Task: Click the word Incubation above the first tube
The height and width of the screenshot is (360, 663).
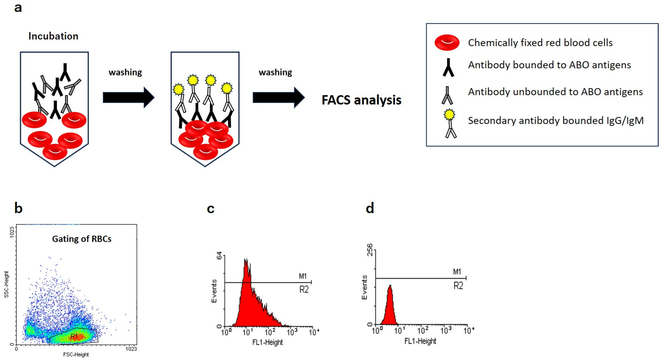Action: pyautogui.click(x=53, y=36)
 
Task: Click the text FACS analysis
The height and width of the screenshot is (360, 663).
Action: pyautogui.click(x=361, y=100)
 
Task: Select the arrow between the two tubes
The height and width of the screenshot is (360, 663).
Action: pyautogui.click(x=128, y=98)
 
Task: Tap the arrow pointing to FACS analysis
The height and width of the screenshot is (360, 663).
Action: pyautogui.click(x=278, y=98)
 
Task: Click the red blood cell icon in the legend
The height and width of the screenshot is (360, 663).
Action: pyautogui.click(x=447, y=42)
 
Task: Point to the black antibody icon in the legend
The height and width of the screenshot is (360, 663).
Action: pyautogui.click(x=448, y=68)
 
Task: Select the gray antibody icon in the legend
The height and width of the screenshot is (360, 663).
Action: pyautogui.click(x=447, y=96)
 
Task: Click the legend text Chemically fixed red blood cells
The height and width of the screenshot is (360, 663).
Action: pyautogui.click(x=540, y=43)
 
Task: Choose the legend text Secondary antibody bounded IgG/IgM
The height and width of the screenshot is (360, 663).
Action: pyautogui.click(x=556, y=120)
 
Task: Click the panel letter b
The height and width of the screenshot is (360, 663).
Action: pyautogui.click(x=18, y=208)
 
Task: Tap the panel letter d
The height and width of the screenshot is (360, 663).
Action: pyautogui.click(x=370, y=208)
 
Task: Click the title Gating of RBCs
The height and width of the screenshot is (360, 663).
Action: pyautogui.click(x=82, y=239)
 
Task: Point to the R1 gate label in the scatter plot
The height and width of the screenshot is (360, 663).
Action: pyautogui.click(x=74, y=336)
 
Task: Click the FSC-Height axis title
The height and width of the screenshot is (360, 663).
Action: pyautogui.click(x=76, y=355)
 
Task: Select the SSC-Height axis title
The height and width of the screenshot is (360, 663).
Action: pyautogui.click(x=6, y=284)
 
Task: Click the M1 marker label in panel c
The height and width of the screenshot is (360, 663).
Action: pyautogui.click(x=303, y=276)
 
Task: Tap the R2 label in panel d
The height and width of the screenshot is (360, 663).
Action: pyautogui.click(x=458, y=286)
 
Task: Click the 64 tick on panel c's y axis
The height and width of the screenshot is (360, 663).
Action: pyautogui.click(x=219, y=255)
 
